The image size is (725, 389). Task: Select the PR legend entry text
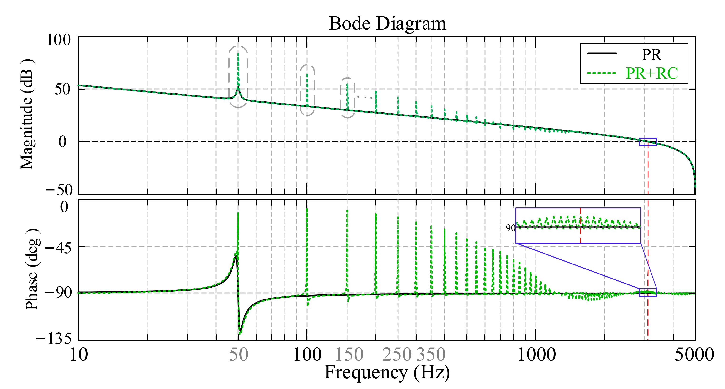651,55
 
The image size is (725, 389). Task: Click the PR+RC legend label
651,73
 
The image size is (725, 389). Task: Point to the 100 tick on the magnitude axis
59,40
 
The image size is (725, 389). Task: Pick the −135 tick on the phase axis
54,338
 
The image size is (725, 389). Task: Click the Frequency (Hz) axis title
387,372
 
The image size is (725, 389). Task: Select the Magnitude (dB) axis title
27,114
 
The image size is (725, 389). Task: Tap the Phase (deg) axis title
32,269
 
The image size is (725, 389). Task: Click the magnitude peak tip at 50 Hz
238,54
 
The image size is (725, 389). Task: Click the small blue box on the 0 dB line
648,142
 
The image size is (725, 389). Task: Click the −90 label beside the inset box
508,228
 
